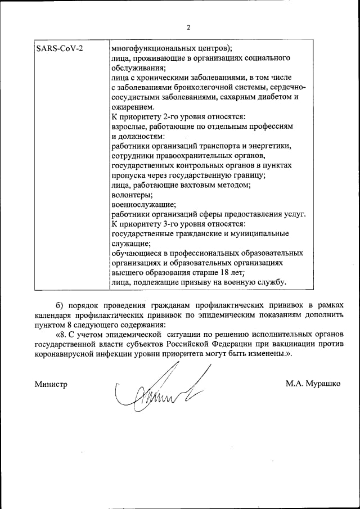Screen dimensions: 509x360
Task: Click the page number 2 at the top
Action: pos(189,27)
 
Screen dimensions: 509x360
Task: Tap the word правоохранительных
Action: pos(187,156)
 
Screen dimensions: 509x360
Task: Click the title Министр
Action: pos(51,385)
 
